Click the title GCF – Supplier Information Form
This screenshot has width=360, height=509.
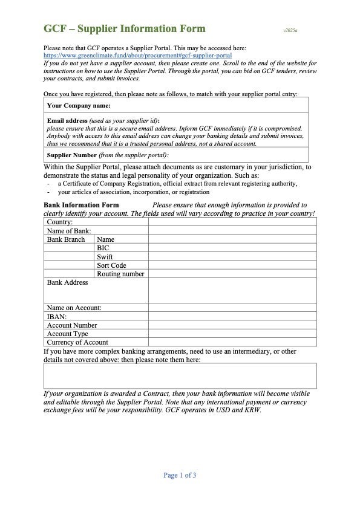pyautogui.click(x=125, y=28)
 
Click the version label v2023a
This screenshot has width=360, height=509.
pyautogui.click(x=290, y=30)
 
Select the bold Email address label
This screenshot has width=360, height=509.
pyautogui.click(x=68, y=120)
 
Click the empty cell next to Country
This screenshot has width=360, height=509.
pyautogui.click(x=232, y=222)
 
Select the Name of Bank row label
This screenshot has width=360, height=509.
pyautogui.click(x=69, y=230)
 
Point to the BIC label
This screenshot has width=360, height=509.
pyautogui.click(x=103, y=248)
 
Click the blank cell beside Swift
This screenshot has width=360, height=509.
pyautogui.click(x=232, y=256)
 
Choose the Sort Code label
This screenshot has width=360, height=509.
pyautogui.click(x=111, y=265)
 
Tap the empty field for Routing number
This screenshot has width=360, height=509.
pyautogui.click(x=232, y=273)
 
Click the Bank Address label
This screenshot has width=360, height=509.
pyautogui.click(x=67, y=282)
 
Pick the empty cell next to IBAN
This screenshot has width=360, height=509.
pyautogui.click(x=232, y=316)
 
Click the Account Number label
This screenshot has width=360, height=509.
pyautogui.click(x=72, y=325)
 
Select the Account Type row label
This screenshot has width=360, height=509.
pyautogui.click(x=67, y=333)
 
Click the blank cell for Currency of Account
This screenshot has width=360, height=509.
pyautogui.click(x=232, y=342)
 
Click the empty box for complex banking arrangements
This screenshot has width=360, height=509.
pyautogui.click(x=180, y=375)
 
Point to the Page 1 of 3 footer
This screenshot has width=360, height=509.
pyautogui.click(x=180, y=475)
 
